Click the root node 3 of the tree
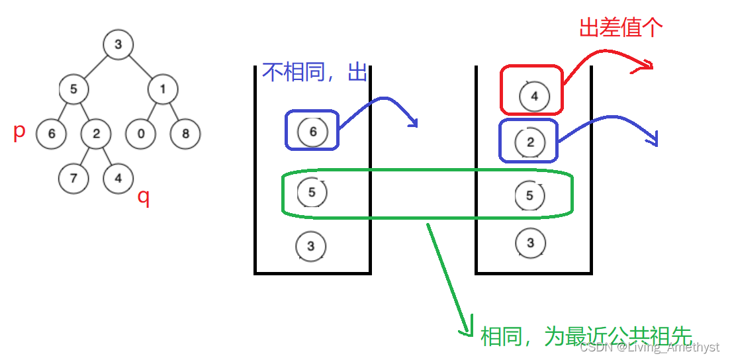tap(118, 45)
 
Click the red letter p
tap(19, 131)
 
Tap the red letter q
tap(143, 197)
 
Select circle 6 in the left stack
tap(312, 131)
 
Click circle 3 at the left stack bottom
tap(311, 246)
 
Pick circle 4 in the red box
tap(534, 97)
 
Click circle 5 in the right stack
tap(529, 195)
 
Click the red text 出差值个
tap(620, 28)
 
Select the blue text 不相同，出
tap(314, 71)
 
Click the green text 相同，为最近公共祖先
tap(586, 336)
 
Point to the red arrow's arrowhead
tap(647, 64)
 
